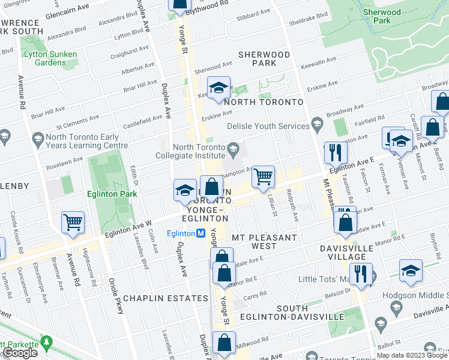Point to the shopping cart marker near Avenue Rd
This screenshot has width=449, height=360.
[73, 223]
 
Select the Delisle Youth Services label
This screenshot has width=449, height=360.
[267, 126]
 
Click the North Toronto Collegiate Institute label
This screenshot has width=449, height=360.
[198, 152]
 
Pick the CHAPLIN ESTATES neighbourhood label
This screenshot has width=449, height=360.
[157, 298]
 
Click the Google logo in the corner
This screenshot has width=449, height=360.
[20, 353]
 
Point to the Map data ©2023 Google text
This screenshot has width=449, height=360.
[412, 355]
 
